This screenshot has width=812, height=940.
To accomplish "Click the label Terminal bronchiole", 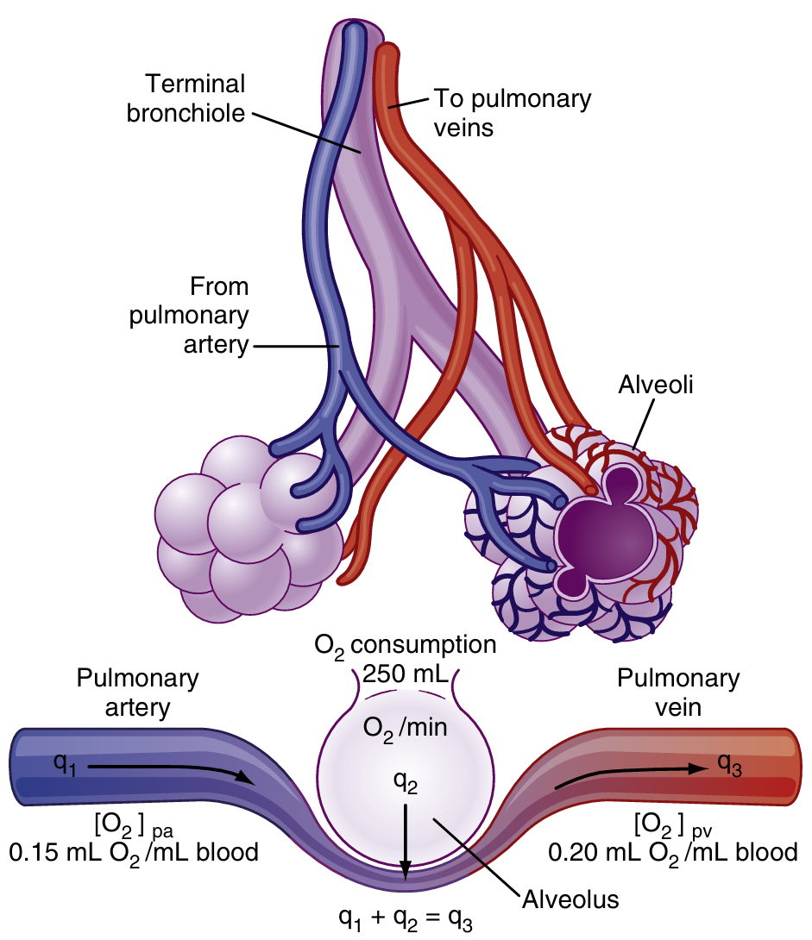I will [186, 98].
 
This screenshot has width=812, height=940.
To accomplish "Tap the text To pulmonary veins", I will [513, 112].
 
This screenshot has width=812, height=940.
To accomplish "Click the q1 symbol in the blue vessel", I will [65, 764].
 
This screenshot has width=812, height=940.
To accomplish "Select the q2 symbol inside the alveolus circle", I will [406, 781].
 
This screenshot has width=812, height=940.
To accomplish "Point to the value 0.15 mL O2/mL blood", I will [134, 853].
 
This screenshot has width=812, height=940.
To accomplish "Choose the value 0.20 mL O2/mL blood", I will [673, 853].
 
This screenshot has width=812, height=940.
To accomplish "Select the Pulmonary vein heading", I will [677, 692].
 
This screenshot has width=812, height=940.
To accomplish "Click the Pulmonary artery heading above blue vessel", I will [138, 692].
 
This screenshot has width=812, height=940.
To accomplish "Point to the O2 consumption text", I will [405, 646].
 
